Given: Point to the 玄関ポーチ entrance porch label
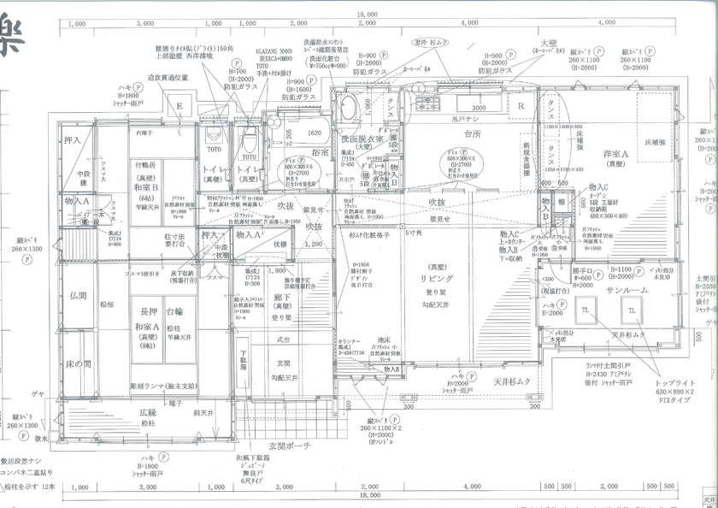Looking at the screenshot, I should (x=291, y=446).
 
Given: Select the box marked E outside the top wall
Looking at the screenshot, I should (x=179, y=107).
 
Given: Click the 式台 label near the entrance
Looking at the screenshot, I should (x=283, y=340).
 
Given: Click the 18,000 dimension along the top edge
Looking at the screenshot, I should (x=367, y=15).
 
